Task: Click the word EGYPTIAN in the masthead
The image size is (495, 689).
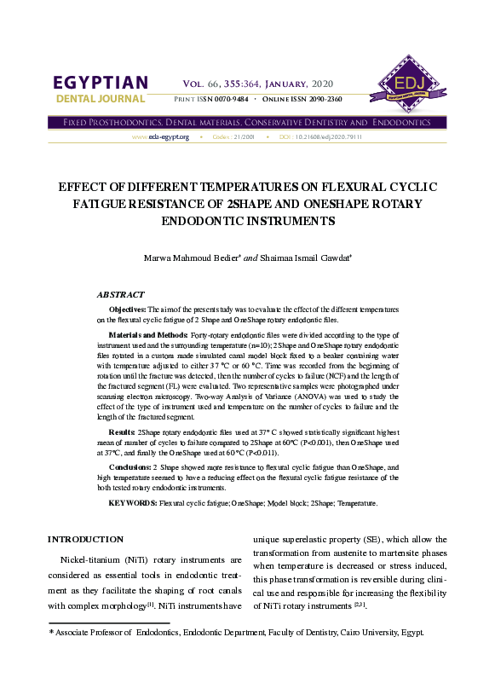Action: [x=101, y=83]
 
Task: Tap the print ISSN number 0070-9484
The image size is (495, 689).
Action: [x=229, y=100]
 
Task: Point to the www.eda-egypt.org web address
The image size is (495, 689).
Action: [x=160, y=136]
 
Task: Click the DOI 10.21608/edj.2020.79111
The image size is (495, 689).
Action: [x=328, y=136]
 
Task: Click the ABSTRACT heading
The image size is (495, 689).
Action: [x=120, y=294]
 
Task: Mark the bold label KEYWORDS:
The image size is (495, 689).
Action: [x=132, y=504]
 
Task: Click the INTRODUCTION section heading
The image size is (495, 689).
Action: [x=85, y=539]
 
